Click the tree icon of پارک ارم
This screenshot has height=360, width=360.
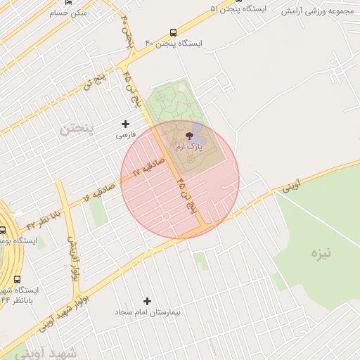[190, 137]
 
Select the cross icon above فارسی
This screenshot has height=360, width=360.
[125, 124]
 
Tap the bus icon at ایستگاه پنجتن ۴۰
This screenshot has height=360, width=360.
[173, 33]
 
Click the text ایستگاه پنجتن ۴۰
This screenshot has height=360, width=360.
[173, 44]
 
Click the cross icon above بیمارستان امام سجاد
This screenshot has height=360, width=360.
[147, 301]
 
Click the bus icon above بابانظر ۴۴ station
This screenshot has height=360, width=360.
[18, 279]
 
